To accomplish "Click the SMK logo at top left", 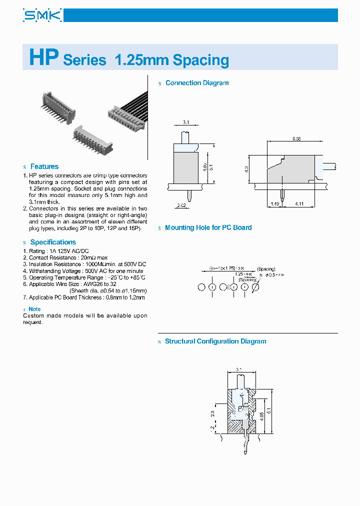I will click(x=42, y=15).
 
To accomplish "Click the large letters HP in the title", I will click(x=44, y=57).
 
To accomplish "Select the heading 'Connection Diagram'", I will click(x=196, y=83).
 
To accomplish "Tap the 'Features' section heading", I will click(x=44, y=166).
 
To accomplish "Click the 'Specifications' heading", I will click(x=53, y=242).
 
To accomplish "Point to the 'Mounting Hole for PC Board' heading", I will click(x=208, y=227).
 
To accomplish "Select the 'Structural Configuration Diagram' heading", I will click(x=215, y=341).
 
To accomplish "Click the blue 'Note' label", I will click(x=34, y=309).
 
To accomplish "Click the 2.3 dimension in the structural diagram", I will click(x=213, y=414).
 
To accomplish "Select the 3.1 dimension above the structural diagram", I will click(x=239, y=370).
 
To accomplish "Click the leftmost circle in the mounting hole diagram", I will click(x=201, y=287).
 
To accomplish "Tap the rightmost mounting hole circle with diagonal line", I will click(x=255, y=287).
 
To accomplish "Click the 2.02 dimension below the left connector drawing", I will click(x=181, y=204).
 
